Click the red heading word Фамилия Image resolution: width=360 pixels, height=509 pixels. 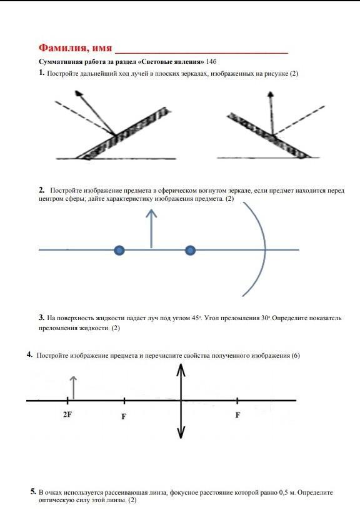pyautogui.click(x=63, y=48)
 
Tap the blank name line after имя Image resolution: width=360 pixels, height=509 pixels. pyautogui.click(x=201, y=53)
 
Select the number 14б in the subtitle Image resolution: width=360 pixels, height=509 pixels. pyautogui.click(x=211, y=61)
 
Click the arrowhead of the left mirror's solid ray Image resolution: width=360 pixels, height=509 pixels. pyautogui.click(x=79, y=94)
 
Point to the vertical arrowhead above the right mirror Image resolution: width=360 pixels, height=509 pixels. pyautogui.click(x=271, y=94)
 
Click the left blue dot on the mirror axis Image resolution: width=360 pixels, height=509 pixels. pyautogui.click(x=119, y=250)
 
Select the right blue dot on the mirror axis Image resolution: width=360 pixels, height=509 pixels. pyautogui.click(x=190, y=250)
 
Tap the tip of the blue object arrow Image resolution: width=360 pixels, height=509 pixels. pyautogui.click(x=151, y=209)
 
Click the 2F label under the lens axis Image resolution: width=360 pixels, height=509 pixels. pyautogui.click(x=67, y=415)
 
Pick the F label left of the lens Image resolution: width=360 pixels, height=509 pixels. pyautogui.click(x=124, y=416)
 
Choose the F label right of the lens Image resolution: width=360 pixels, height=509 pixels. pyautogui.click(x=237, y=415)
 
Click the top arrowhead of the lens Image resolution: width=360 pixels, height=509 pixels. pyautogui.click(x=181, y=370)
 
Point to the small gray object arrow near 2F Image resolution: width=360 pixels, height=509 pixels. pyautogui.click(x=74, y=387)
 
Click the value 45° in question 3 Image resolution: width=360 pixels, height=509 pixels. pyautogui.click(x=196, y=318)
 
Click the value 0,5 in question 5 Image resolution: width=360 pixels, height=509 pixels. pyautogui.click(x=284, y=493)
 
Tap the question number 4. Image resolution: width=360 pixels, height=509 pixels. pyautogui.click(x=29, y=355)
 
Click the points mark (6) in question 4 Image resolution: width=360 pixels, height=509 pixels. pyautogui.click(x=296, y=355)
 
